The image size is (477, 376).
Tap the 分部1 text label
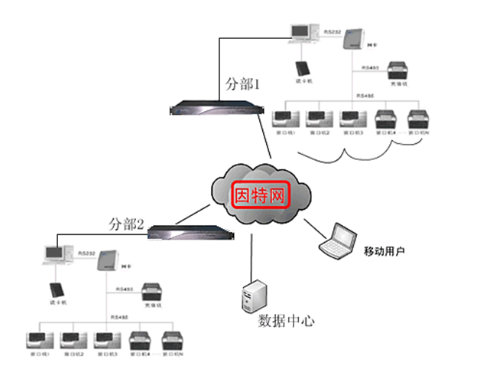(243, 84)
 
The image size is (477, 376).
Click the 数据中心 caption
(285, 320)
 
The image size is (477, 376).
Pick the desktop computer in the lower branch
(55, 255)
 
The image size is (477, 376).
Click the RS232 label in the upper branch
(333, 33)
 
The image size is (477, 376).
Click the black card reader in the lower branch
(55, 291)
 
